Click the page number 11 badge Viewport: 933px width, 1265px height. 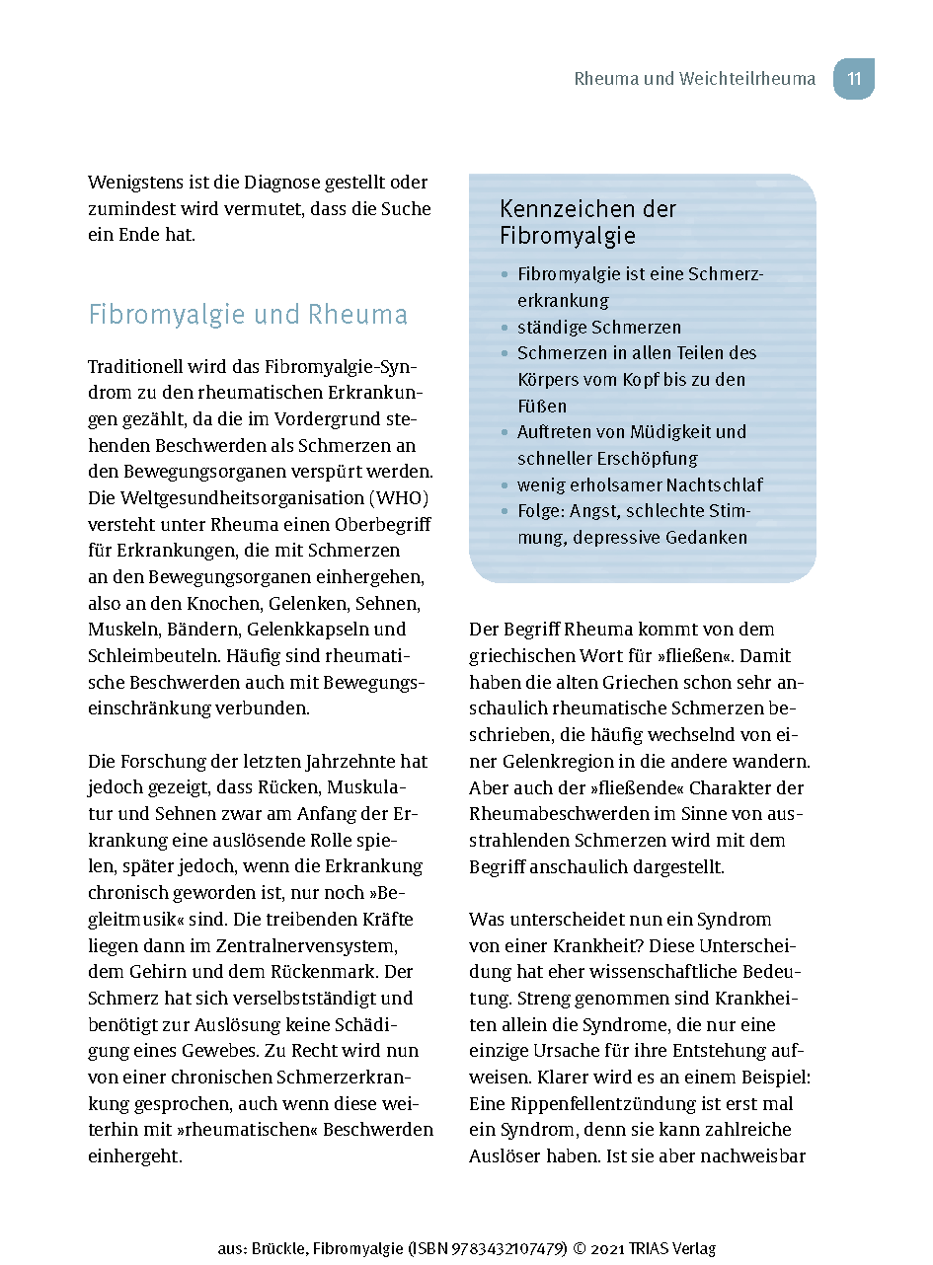tap(854, 79)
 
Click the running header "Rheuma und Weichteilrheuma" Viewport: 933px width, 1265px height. tap(695, 79)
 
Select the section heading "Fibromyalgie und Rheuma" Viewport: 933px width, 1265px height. tap(248, 315)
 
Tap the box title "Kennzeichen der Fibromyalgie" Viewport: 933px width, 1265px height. tap(587, 222)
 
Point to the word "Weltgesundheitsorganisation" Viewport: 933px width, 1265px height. tap(222, 497)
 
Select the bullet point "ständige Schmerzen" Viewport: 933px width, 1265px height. tap(599, 327)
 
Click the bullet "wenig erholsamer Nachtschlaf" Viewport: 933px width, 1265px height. tap(640, 484)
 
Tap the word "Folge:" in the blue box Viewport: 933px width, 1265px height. tap(541, 511)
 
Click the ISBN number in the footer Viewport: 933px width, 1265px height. tap(511, 1248)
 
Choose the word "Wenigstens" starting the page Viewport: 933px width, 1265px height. tap(136, 183)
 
